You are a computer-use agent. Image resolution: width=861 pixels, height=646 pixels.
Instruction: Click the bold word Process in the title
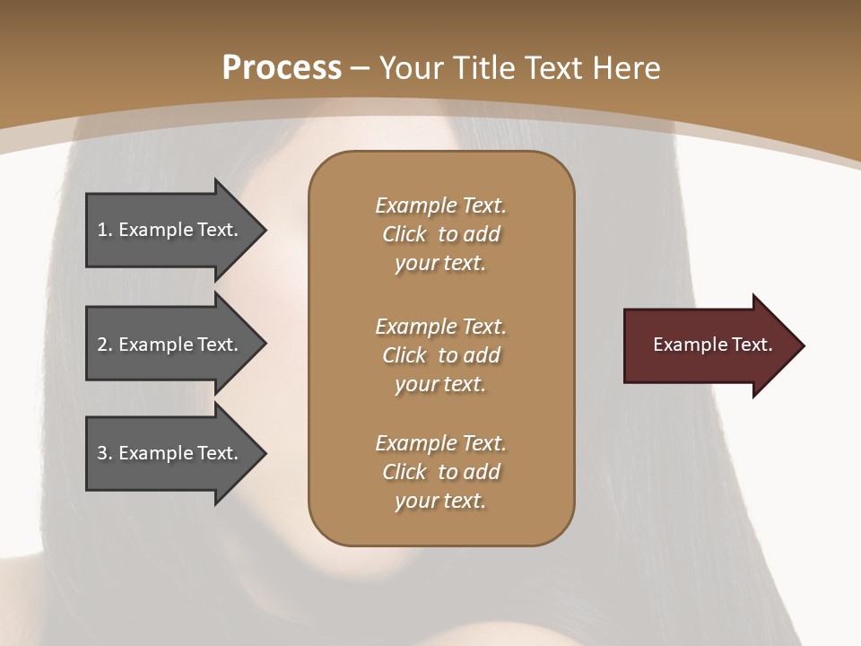[282, 68]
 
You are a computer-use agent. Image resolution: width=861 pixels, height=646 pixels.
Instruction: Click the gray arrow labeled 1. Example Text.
[170, 230]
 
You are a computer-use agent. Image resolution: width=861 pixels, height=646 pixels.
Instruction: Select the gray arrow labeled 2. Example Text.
[170, 345]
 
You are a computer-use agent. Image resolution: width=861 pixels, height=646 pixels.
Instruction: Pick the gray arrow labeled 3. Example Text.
[170, 453]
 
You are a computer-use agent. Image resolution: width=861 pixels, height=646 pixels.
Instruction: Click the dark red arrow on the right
[709, 345]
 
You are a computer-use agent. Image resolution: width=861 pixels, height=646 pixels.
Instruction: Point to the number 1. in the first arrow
[105, 230]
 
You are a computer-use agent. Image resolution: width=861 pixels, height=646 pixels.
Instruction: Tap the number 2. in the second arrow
[105, 345]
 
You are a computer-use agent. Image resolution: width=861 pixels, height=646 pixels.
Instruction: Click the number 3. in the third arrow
[105, 453]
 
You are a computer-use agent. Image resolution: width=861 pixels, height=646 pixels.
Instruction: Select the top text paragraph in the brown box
[440, 234]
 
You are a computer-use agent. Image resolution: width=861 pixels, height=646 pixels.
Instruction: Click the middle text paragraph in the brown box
[440, 355]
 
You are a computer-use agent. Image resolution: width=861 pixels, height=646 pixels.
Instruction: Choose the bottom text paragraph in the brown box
[440, 472]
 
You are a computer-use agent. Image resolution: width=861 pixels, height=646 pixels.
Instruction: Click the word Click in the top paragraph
[404, 234]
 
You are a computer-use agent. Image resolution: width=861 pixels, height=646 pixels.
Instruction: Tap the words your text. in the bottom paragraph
[440, 501]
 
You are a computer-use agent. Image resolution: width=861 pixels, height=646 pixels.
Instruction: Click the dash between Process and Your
[361, 68]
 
